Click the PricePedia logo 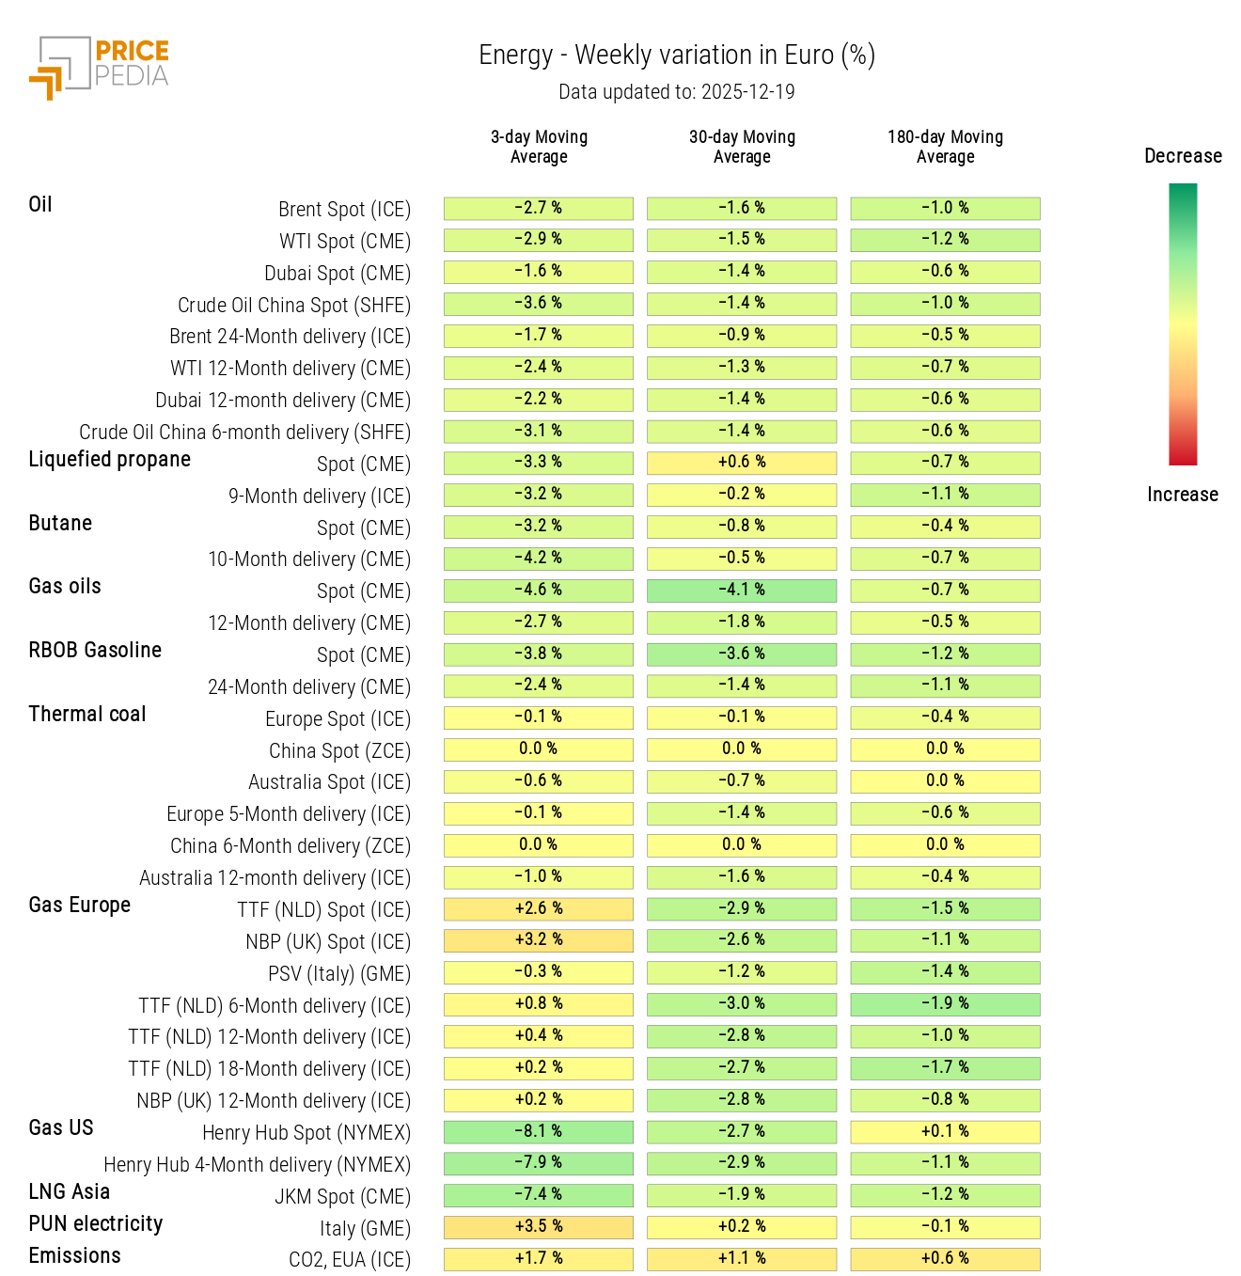99,68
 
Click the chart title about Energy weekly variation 677,55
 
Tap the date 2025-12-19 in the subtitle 747,92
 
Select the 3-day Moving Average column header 539,147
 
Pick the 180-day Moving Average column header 945,147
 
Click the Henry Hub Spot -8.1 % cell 539,1131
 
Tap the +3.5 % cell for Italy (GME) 539,1227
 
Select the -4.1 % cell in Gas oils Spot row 742,591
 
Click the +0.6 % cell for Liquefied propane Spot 742,463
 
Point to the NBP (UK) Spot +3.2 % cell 539,940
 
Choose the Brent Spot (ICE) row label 344,210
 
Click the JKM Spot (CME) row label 342,1197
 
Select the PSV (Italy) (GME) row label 339,974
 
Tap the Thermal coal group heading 87,715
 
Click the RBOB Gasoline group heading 95,651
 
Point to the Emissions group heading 75,1256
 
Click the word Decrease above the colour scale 1183,156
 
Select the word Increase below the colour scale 1182,495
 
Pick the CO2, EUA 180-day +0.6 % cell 945,1259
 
